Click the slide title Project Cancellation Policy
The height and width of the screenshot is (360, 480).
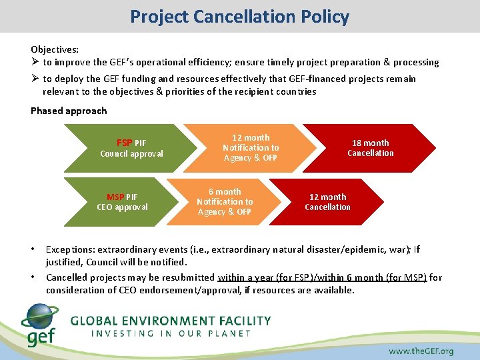coord(239,16)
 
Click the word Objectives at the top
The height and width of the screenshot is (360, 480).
coord(54,49)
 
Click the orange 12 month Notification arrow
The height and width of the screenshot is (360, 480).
coord(251,148)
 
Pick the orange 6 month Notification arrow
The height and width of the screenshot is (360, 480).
coord(225,201)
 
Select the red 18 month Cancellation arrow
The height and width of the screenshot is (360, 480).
coord(370,148)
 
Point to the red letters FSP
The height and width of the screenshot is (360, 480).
coord(124,143)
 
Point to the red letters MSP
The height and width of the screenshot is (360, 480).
coord(115,197)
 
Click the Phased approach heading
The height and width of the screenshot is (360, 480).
coord(69,111)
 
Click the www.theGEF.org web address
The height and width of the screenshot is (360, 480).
coord(421,351)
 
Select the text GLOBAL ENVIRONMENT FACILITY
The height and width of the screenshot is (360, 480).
coord(171,321)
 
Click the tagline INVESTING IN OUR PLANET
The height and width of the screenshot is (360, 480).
coord(171,333)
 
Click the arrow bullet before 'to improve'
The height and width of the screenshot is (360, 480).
coord(35,62)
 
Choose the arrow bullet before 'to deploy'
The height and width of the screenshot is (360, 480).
coord(35,79)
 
